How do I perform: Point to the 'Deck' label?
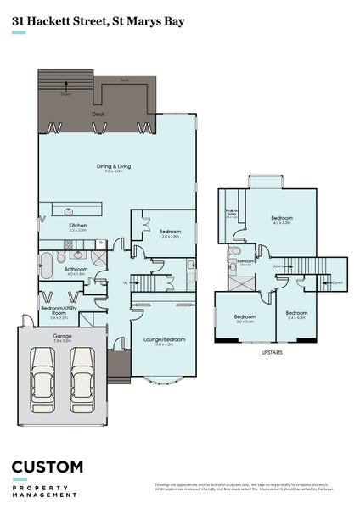click(x=98, y=112)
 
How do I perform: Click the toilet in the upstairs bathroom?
click(x=230, y=266)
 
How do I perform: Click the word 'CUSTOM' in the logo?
click(x=47, y=467)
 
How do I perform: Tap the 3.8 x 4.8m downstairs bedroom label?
click(x=169, y=231)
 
